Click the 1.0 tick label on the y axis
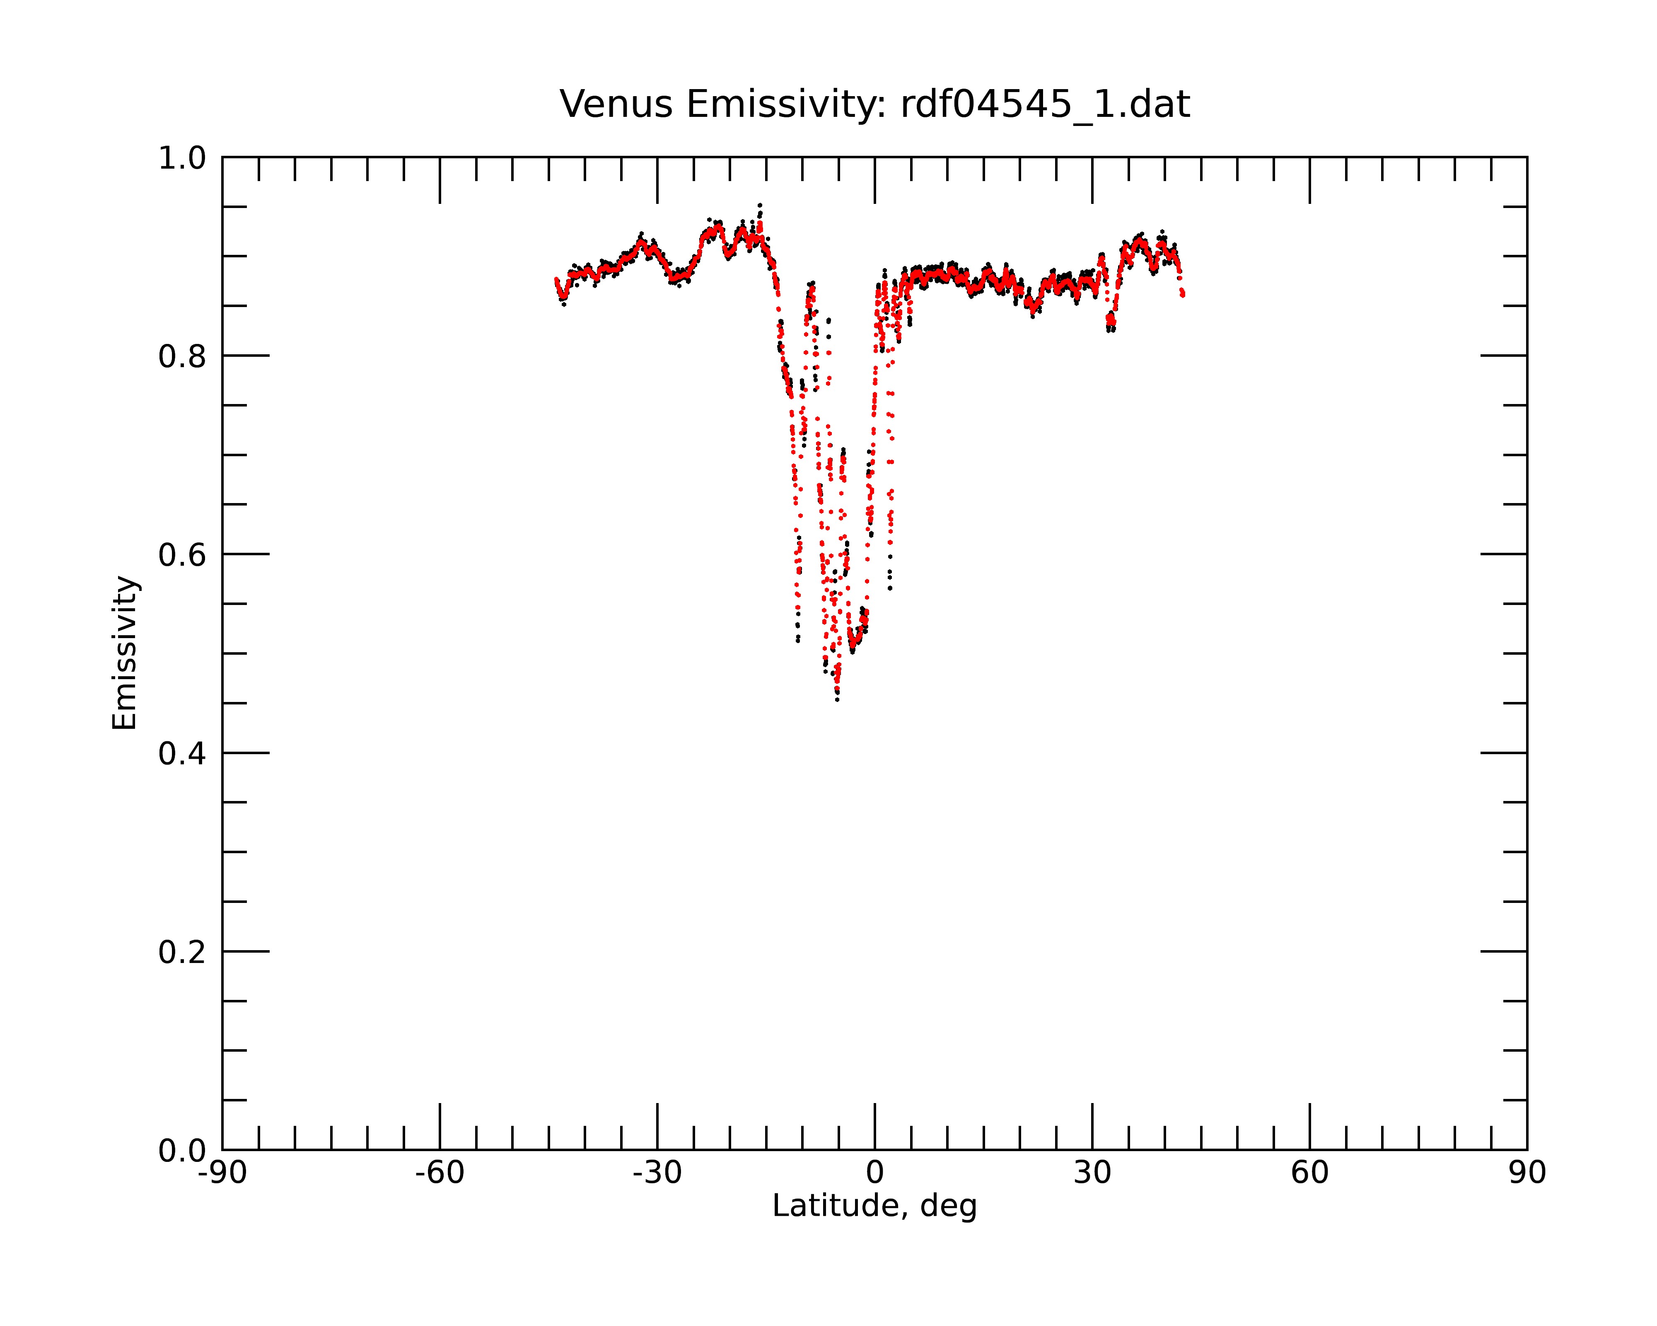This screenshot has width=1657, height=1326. point(182,158)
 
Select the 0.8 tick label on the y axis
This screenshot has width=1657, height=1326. point(182,357)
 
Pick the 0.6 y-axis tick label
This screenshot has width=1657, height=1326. point(182,555)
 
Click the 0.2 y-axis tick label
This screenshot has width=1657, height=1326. point(182,952)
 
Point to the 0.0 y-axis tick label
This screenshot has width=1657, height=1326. point(182,1151)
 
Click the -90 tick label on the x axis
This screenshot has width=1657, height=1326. point(222,1173)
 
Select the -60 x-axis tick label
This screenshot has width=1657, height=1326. point(440,1173)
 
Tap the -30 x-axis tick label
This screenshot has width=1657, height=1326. point(657,1173)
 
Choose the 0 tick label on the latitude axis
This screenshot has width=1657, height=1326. point(874,1173)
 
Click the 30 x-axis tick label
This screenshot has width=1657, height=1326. point(1092,1173)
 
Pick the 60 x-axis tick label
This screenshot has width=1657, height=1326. point(1309,1173)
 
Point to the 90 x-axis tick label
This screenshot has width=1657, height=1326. point(1527,1173)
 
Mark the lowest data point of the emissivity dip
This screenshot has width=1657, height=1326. point(837,699)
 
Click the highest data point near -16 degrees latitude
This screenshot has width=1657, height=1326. point(760,205)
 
